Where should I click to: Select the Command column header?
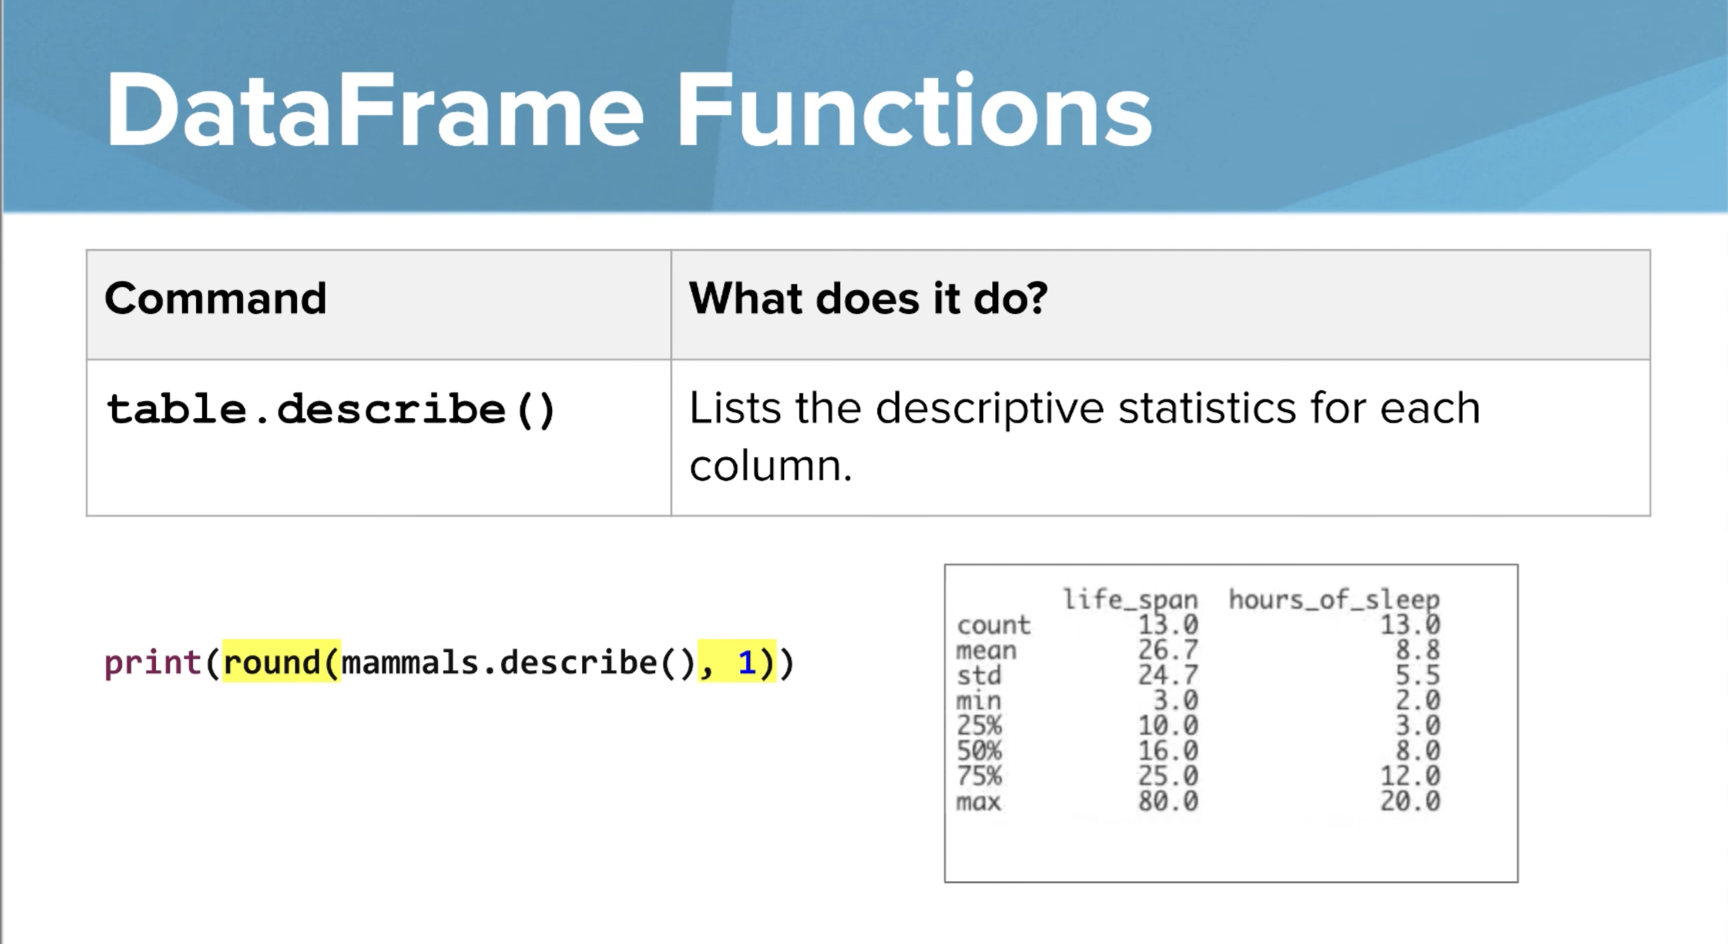click(x=215, y=298)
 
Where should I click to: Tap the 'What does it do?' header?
click(x=868, y=298)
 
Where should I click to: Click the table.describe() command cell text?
click(x=331, y=409)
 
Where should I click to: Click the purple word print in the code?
click(x=153, y=663)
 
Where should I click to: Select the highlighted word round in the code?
click(x=272, y=663)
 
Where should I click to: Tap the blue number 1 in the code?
click(x=746, y=663)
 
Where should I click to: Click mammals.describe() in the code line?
click(x=518, y=663)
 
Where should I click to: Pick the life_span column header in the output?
click(x=1130, y=599)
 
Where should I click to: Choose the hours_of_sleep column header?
click(x=1334, y=599)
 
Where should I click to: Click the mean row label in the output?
click(x=986, y=650)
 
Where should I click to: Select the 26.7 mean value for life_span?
click(x=1167, y=650)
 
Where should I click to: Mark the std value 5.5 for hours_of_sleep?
click(x=1418, y=675)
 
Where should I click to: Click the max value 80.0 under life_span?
click(x=1167, y=801)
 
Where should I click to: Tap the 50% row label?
click(x=979, y=751)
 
